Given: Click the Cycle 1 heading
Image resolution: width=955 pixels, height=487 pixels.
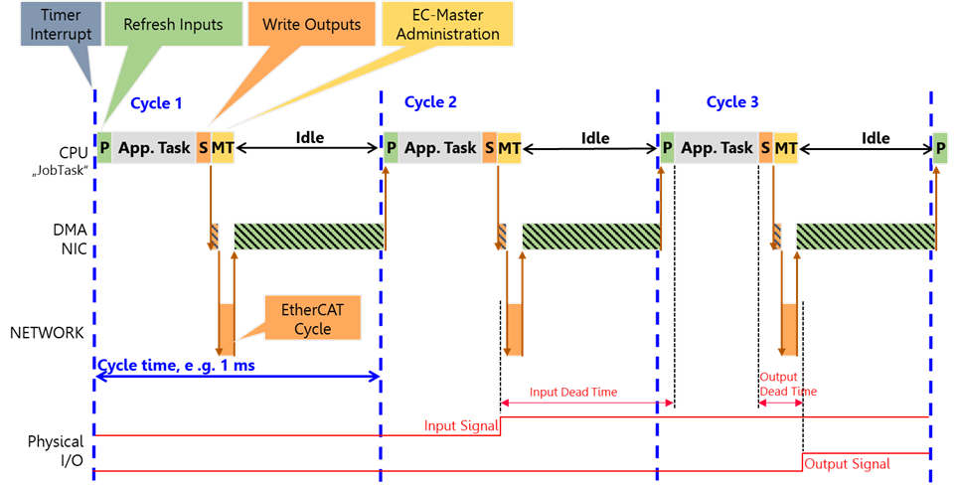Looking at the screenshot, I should pos(157,102).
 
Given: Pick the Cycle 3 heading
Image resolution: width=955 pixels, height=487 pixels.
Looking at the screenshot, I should pos(732,102).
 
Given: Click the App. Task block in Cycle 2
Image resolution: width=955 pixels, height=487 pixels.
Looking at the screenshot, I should pos(440,147).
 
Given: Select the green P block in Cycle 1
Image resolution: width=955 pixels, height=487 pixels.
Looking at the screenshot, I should pos(104,147).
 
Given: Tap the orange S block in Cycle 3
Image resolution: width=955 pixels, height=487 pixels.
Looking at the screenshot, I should pos(765,147).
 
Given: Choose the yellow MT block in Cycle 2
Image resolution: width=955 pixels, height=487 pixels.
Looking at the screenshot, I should pos(510,147).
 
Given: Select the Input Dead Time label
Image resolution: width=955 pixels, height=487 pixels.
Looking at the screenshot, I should pos(572,392).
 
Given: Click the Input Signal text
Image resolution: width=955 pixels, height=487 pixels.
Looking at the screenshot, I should pos(454,426).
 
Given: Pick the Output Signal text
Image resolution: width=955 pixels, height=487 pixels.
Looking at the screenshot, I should pos(847,463).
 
